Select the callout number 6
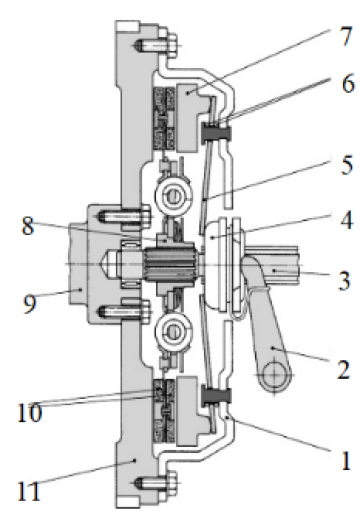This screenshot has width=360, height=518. pos(348,83)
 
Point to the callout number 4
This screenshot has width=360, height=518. pos(347,220)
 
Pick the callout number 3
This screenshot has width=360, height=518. pos(344,280)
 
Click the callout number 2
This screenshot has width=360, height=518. pos(343,369)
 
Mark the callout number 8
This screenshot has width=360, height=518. pos(28,225)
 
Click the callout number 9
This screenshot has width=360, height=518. pos(29,303)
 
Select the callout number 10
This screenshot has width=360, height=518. pos(30,412)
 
